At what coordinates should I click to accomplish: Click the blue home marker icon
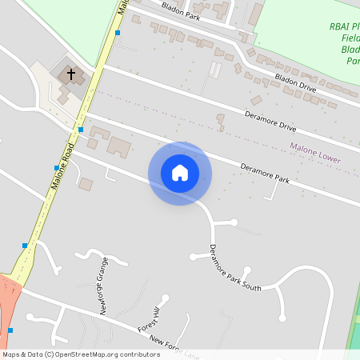(x=180, y=173)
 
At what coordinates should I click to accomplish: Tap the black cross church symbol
(x=71, y=75)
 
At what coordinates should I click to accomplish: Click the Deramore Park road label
(x=265, y=174)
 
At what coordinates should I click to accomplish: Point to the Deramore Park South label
(x=235, y=268)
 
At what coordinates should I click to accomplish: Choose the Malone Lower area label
(x=315, y=154)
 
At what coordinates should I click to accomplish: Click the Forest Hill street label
(x=150, y=319)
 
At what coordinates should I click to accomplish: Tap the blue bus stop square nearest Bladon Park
(x=118, y=33)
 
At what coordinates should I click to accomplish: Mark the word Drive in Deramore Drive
(x=284, y=126)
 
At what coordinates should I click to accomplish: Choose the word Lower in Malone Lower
(x=327, y=158)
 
